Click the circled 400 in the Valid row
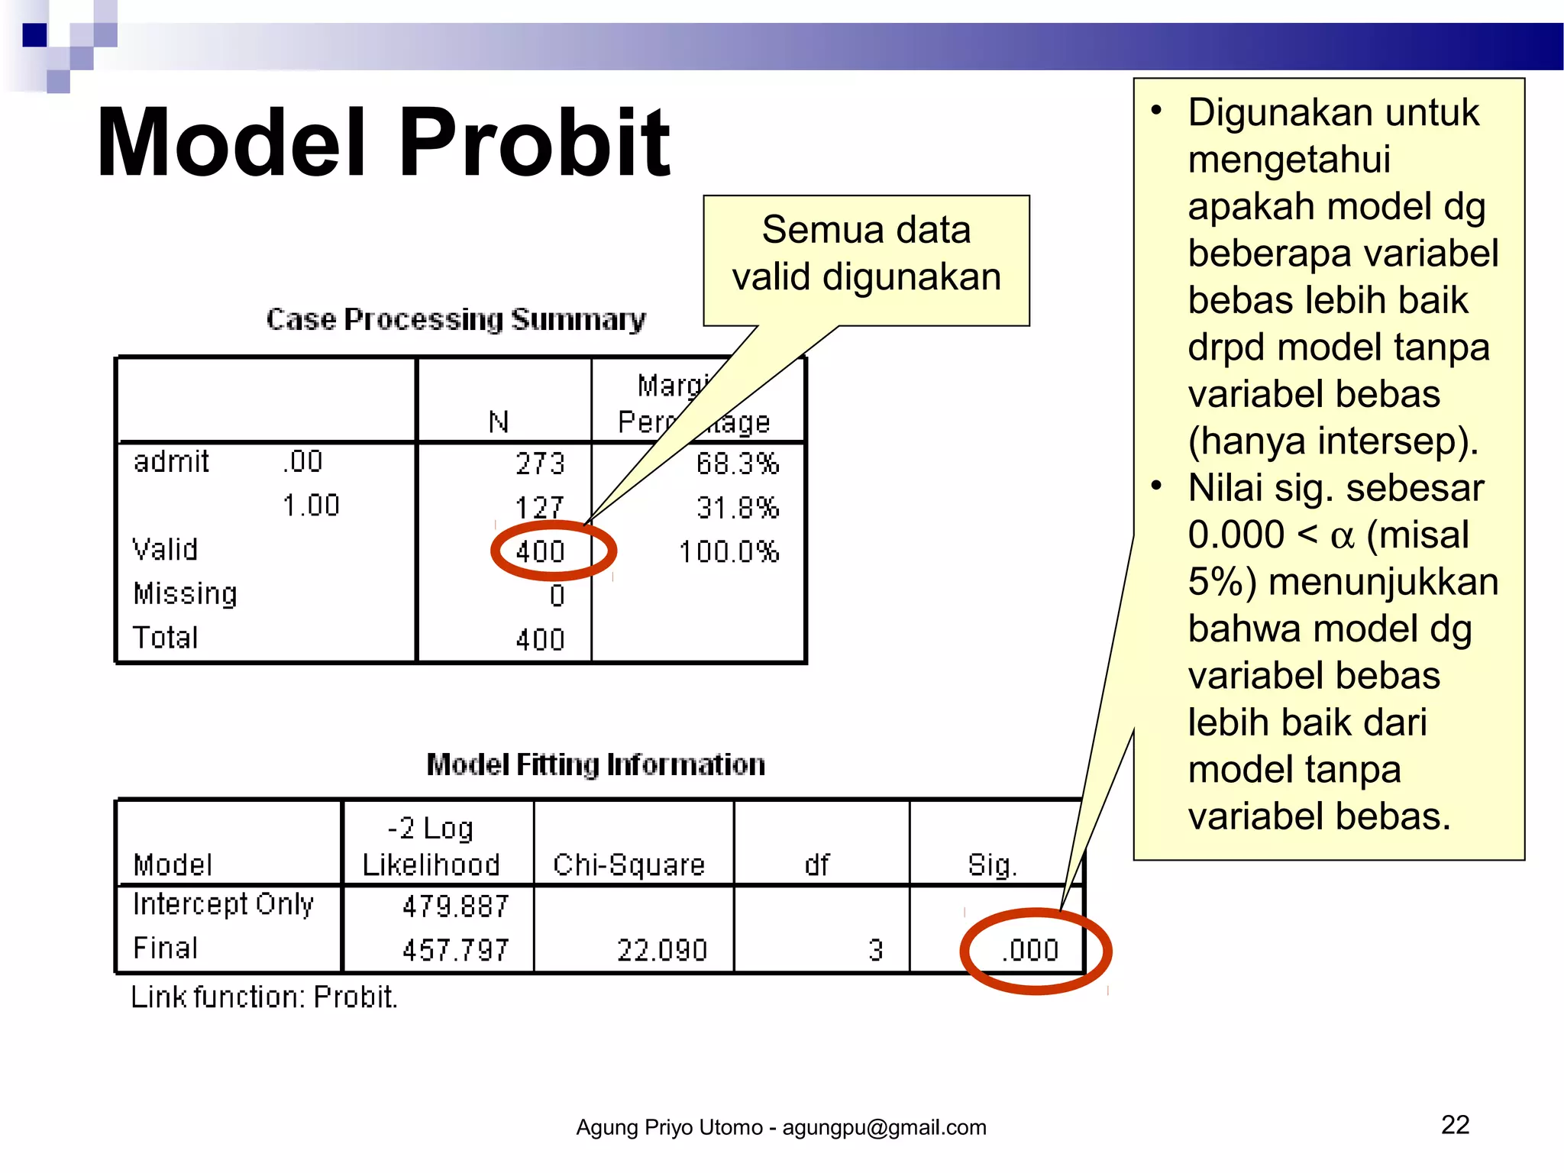pos(540,551)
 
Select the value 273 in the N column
pos(540,464)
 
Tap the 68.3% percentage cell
pos(737,464)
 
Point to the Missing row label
pos(185,593)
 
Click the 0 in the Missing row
pos(557,596)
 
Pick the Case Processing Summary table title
pos(456,319)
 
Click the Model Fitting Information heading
pos(596,764)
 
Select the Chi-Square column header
pos(629,864)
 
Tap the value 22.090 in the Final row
pos(662,950)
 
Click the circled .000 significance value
pos(1030,950)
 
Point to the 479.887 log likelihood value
pos(455,906)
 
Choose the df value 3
pos(875,950)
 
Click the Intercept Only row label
pos(223,904)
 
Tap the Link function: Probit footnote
pos(264,997)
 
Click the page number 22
pos(1455,1125)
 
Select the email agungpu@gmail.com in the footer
pos(884,1127)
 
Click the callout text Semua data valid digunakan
pos(866,253)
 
